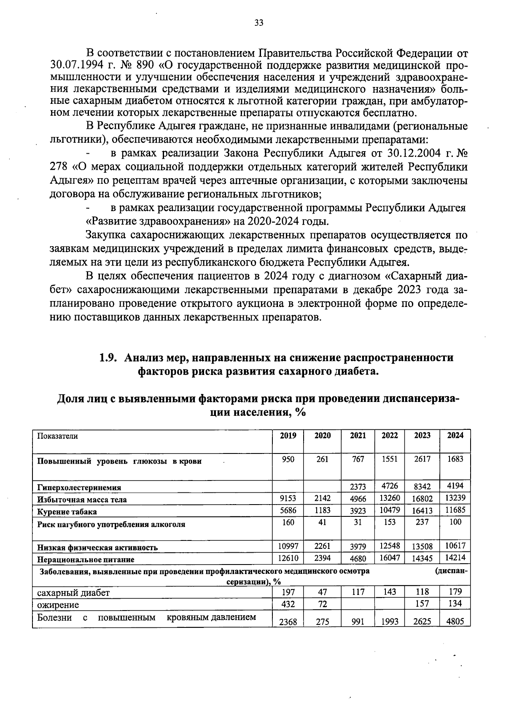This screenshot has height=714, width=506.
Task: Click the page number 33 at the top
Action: click(259, 23)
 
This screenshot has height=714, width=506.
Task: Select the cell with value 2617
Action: click(422, 459)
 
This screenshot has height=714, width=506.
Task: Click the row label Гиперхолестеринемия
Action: click(79, 487)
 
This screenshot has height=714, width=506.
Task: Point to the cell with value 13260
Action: click(390, 498)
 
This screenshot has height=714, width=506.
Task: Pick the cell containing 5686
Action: click(288, 510)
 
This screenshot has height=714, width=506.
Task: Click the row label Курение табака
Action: click(67, 512)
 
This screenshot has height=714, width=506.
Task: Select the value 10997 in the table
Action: click(288, 546)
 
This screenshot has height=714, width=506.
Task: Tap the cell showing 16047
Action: click(390, 558)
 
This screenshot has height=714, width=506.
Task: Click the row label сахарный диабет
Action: click(73, 592)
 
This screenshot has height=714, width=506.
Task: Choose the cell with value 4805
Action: click(455, 622)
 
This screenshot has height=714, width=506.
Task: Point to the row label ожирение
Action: click(58, 605)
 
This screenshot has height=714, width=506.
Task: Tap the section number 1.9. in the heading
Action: click(107, 358)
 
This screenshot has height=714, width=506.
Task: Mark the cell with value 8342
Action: click(422, 487)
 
